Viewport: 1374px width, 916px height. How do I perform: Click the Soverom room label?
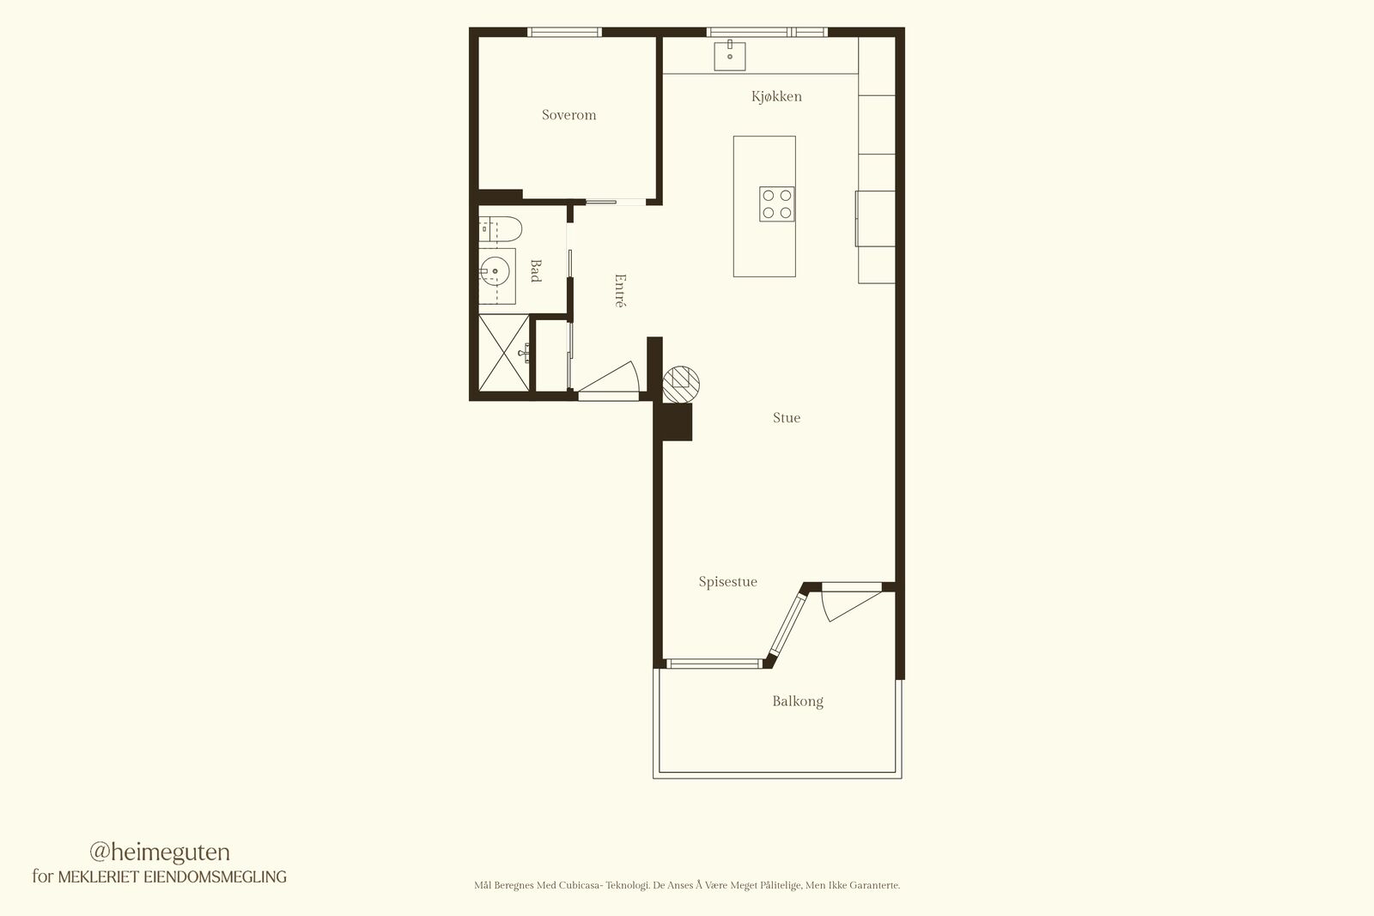(568, 115)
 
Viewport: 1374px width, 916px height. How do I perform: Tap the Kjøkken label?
(776, 96)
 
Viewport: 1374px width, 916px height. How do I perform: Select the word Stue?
(787, 417)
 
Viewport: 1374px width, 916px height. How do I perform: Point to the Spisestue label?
(727, 581)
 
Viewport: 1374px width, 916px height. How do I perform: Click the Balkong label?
(798, 701)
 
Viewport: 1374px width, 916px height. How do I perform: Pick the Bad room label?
(536, 270)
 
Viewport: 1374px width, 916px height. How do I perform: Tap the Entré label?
(620, 291)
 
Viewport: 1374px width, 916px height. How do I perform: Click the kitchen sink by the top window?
(730, 56)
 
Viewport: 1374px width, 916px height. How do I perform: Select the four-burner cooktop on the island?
(776, 204)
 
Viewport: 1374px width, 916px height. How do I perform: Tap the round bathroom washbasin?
(495, 271)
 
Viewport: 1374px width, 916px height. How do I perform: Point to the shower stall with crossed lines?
(503, 353)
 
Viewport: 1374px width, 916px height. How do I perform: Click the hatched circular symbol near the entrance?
(681, 385)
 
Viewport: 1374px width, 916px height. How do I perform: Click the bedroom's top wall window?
(564, 32)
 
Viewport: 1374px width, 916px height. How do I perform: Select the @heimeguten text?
(160, 852)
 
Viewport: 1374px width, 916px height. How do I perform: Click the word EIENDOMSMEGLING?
(215, 877)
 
